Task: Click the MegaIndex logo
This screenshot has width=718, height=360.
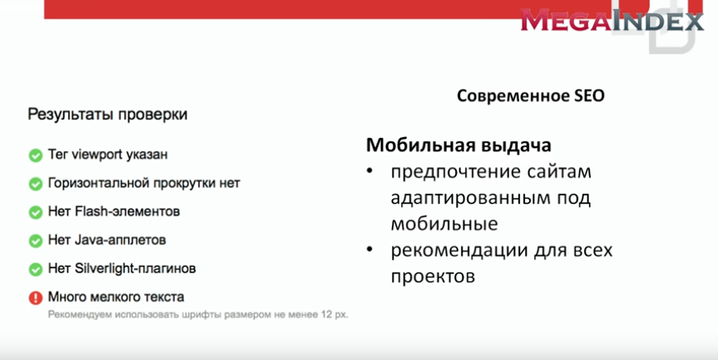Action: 612,21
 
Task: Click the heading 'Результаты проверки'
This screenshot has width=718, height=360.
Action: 107,114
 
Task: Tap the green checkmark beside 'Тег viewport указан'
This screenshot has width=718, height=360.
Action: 35,155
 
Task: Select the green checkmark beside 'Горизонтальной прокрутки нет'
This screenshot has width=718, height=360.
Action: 35,184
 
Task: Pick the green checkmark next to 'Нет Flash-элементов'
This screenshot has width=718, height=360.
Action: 35,212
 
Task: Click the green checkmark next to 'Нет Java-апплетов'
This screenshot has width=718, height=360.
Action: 35,240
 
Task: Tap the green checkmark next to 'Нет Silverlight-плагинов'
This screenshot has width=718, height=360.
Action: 35,269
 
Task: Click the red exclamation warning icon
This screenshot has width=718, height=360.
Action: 35,298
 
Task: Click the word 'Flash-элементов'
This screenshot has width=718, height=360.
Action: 127,211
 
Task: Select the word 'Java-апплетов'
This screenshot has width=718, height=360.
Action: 121,239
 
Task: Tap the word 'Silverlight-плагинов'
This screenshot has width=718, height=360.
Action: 135,268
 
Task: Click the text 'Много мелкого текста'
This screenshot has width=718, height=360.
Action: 116,297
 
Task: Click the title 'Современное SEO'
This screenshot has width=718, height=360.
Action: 531,96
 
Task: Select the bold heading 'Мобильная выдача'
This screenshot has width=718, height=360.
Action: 458,145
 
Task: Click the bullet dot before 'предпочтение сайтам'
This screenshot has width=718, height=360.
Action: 369,171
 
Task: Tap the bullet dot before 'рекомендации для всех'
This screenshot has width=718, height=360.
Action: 369,250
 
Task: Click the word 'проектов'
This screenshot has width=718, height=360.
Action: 433,277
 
